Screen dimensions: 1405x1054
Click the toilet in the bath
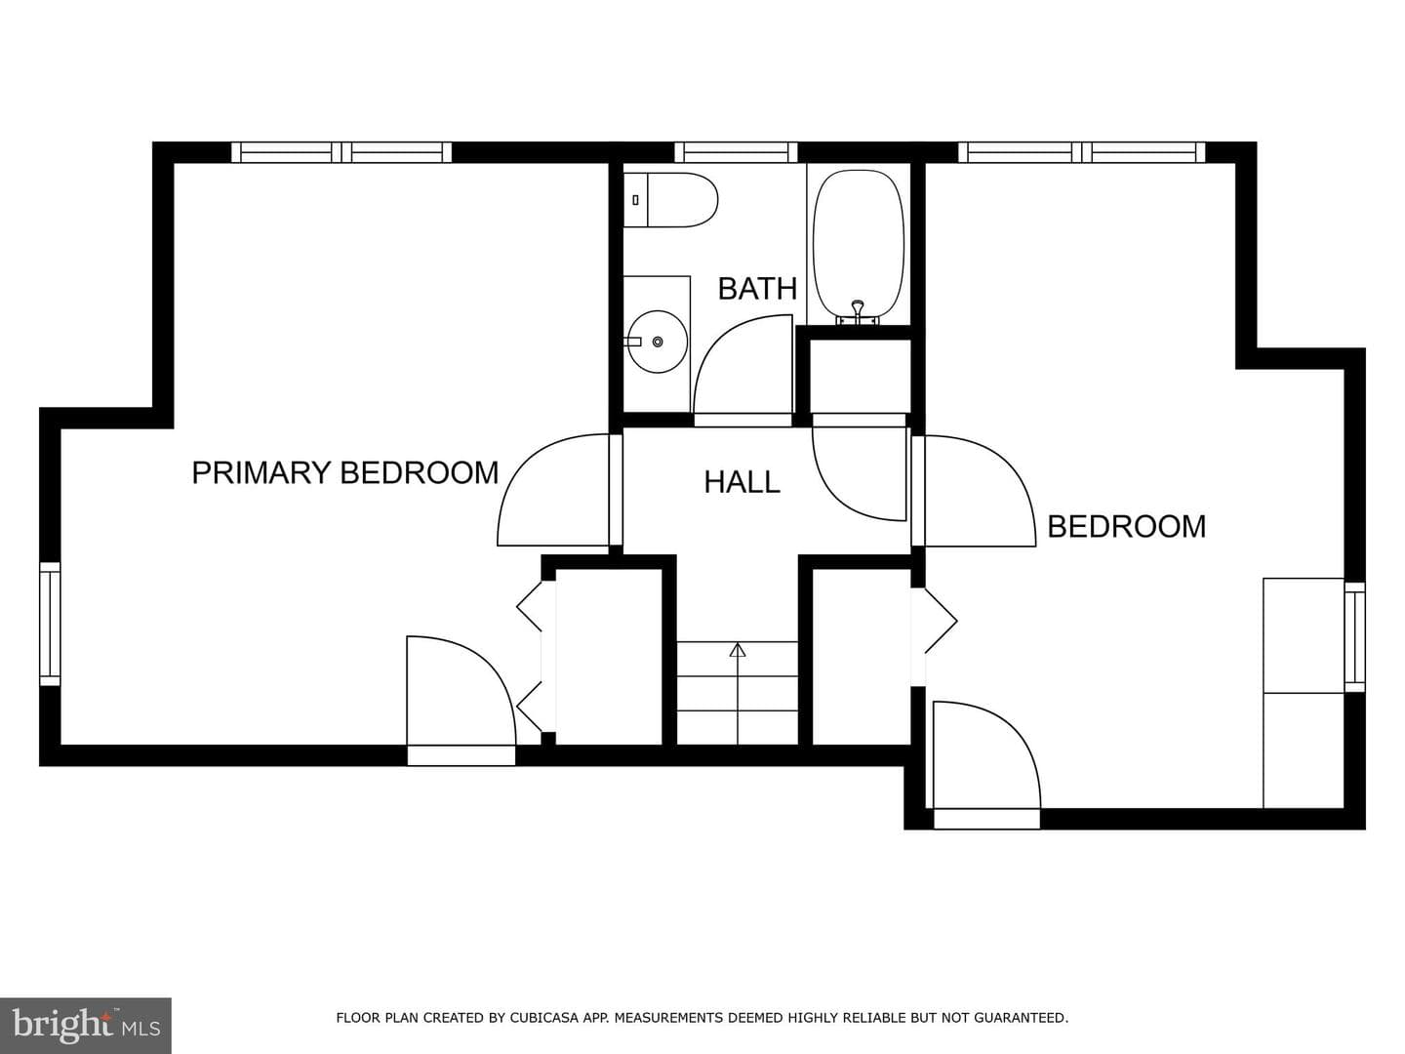pyautogui.click(x=670, y=200)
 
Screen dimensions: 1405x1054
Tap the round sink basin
pyautogui.click(x=657, y=342)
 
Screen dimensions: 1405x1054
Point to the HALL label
pyautogui.click(x=742, y=482)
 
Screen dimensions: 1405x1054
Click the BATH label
pyautogui.click(x=757, y=289)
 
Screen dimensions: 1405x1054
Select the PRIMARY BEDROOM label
pyautogui.click(x=345, y=473)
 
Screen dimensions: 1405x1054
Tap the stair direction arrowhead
pyautogui.click(x=738, y=650)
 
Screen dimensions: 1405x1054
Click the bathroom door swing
pyautogui.click(x=743, y=365)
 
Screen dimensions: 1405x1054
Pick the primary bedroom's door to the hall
pyautogui.click(x=553, y=490)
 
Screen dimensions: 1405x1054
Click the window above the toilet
pyautogui.click(x=736, y=152)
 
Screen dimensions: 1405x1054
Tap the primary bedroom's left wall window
pyautogui.click(x=50, y=624)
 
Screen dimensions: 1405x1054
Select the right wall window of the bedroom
pyautogui.click(x=1354, y=636)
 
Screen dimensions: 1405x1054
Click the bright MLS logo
pyautogui.click(x=86, y=1025)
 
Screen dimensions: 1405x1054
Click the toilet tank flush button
pyautogui.click(x=635, y=200)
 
